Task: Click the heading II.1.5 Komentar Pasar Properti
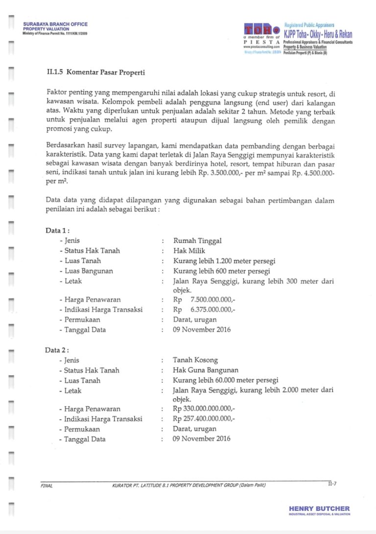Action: [96, 73]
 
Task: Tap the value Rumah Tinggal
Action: [197, 241]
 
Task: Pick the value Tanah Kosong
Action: [195, 360]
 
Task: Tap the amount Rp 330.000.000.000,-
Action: [204, 409]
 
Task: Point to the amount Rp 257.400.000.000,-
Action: [204, 419]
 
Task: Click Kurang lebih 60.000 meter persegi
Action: [226, 380]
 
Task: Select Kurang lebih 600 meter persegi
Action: [221, 271]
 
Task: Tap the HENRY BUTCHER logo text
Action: [319, 509]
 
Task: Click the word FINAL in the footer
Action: [47, 486]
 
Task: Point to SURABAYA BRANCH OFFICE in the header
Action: [55, 24]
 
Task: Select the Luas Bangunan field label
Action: [89, 271]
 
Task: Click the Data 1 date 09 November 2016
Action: [202, 330]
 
